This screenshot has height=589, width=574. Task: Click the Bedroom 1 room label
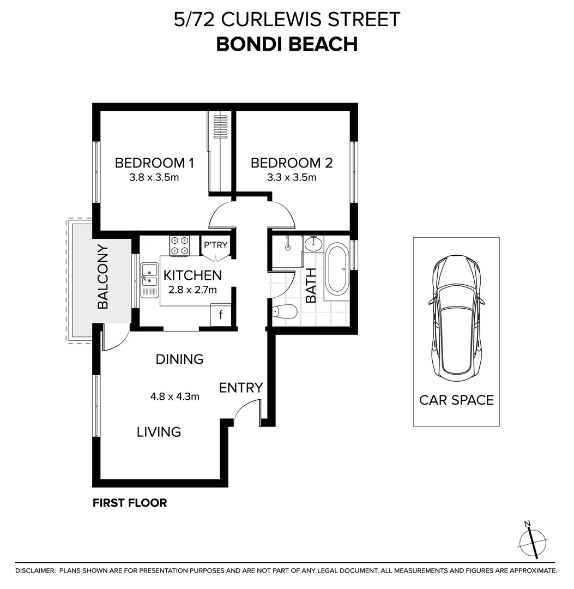pos(154,163)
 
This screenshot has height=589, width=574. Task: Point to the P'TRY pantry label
pos(215,245)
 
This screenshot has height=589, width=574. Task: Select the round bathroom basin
pos(313,243)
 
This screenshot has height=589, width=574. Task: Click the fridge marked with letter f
pos(221,315)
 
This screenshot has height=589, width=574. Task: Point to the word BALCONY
pos(103,277)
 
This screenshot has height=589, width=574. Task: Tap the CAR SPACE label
pos(456,400)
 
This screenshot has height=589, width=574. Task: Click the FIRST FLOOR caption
pos(130,503)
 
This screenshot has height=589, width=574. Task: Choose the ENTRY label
pos(241,388)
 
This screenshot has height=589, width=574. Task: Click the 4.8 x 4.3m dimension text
pos(175,396)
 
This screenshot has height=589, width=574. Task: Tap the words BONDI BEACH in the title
pos(287,44)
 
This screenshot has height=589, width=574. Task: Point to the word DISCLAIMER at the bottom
pos(35,571)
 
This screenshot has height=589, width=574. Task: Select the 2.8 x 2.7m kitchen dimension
pos(192,289)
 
